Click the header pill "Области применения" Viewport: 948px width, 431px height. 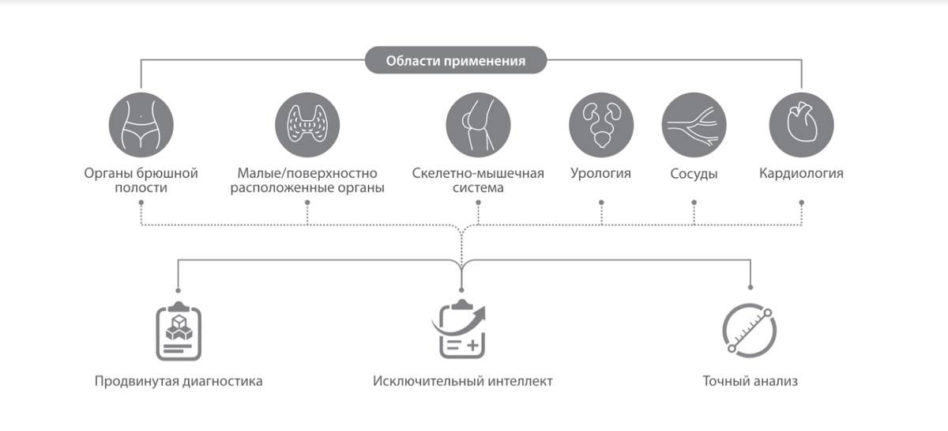point(456,61)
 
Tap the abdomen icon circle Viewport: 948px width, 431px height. point(141,124)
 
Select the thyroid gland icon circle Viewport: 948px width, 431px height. point(307,124)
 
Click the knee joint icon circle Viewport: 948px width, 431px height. point(478,124)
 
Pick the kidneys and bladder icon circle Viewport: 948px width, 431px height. point(601,124)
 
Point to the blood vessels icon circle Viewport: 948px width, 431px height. point(694,124)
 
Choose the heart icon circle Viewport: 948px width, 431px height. point(801,124)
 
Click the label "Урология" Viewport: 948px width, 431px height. point(601,173)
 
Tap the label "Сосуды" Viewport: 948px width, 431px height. point(694,174)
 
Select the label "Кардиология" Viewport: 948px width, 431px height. point(801,173)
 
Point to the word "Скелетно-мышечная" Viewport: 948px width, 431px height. point(478,173)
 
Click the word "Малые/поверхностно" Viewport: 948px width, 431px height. point(307,173)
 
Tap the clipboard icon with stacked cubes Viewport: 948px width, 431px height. point(179,331)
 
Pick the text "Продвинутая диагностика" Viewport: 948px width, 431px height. point(179,381)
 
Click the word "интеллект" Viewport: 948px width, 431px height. point(517,381)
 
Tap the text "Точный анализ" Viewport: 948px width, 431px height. point(750,381)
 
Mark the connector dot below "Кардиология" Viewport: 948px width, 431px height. point(801,202)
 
